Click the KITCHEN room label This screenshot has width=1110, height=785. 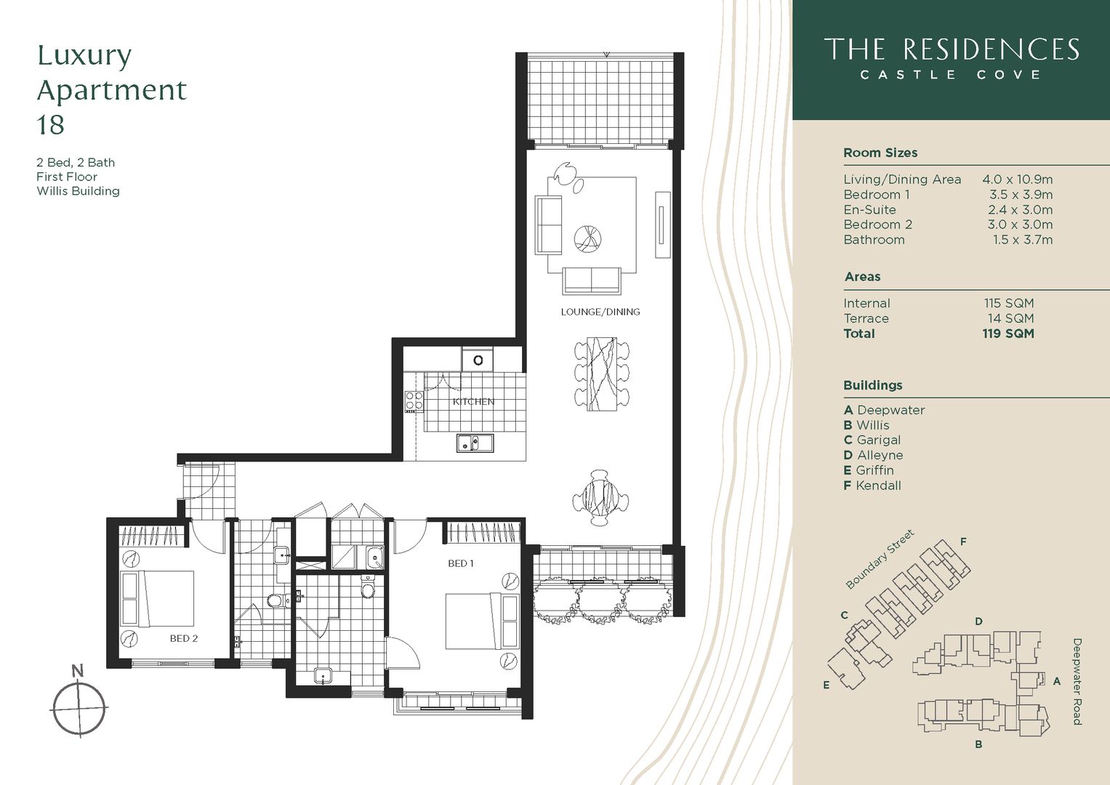[x=473, y=401]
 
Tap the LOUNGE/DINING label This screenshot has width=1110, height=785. [x=600, y=312]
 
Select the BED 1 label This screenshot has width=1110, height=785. [x=461, y=563]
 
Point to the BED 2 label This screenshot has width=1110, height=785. [x=184, y=638]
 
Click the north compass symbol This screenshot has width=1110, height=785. [x=79, y=706]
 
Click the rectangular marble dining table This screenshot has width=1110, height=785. [x=601, y=372]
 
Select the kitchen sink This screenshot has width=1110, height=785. [x=475, y=442]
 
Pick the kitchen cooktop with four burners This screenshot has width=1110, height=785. [x=414, y=401]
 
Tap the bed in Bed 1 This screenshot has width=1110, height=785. [x=480, y=621]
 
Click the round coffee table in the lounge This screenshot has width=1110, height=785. [x=587, y=238]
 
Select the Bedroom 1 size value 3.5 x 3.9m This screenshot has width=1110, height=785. [x=1021, y=195]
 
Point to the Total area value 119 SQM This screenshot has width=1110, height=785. [x=1008, y=334]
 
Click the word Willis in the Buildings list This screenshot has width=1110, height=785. [x=872, y=425]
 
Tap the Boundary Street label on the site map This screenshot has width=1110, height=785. [x=880, y=559]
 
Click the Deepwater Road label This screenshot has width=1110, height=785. [x=1077, y=681]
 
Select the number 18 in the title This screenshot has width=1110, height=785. [x=51, y=125]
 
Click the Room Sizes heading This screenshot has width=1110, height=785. [x=880, y=153]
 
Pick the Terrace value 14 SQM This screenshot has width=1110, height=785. [x=1010, y=318]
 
